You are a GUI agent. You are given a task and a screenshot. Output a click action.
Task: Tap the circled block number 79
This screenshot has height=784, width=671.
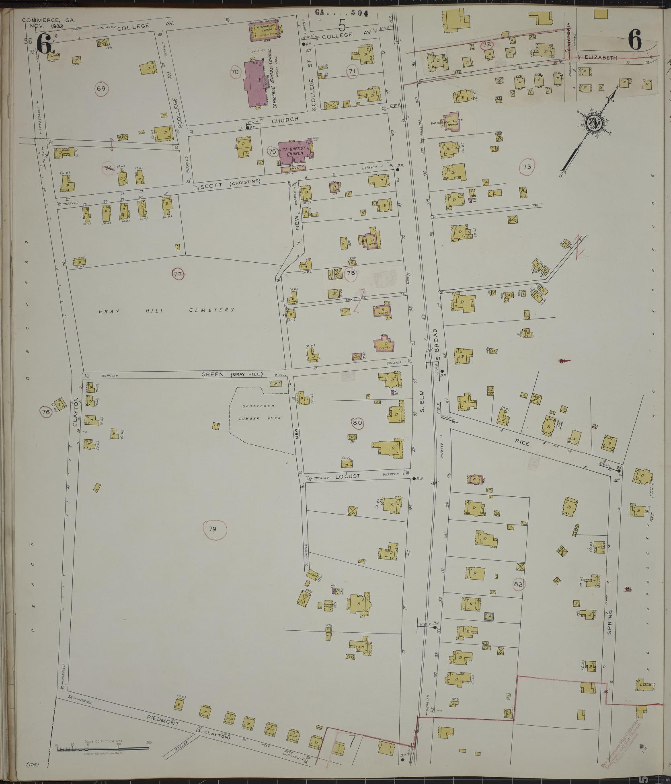[213, 529]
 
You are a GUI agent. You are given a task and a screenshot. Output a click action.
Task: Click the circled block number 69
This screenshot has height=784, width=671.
[101, 88]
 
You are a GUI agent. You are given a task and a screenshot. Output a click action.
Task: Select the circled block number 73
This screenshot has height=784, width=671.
[527, 167]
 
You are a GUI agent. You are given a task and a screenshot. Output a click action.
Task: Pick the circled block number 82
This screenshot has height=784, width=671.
[518, 584]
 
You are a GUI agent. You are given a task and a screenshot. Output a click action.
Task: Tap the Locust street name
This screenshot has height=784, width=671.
[348, 476]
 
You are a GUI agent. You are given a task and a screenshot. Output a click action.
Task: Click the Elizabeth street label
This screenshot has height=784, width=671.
[601, 58]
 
